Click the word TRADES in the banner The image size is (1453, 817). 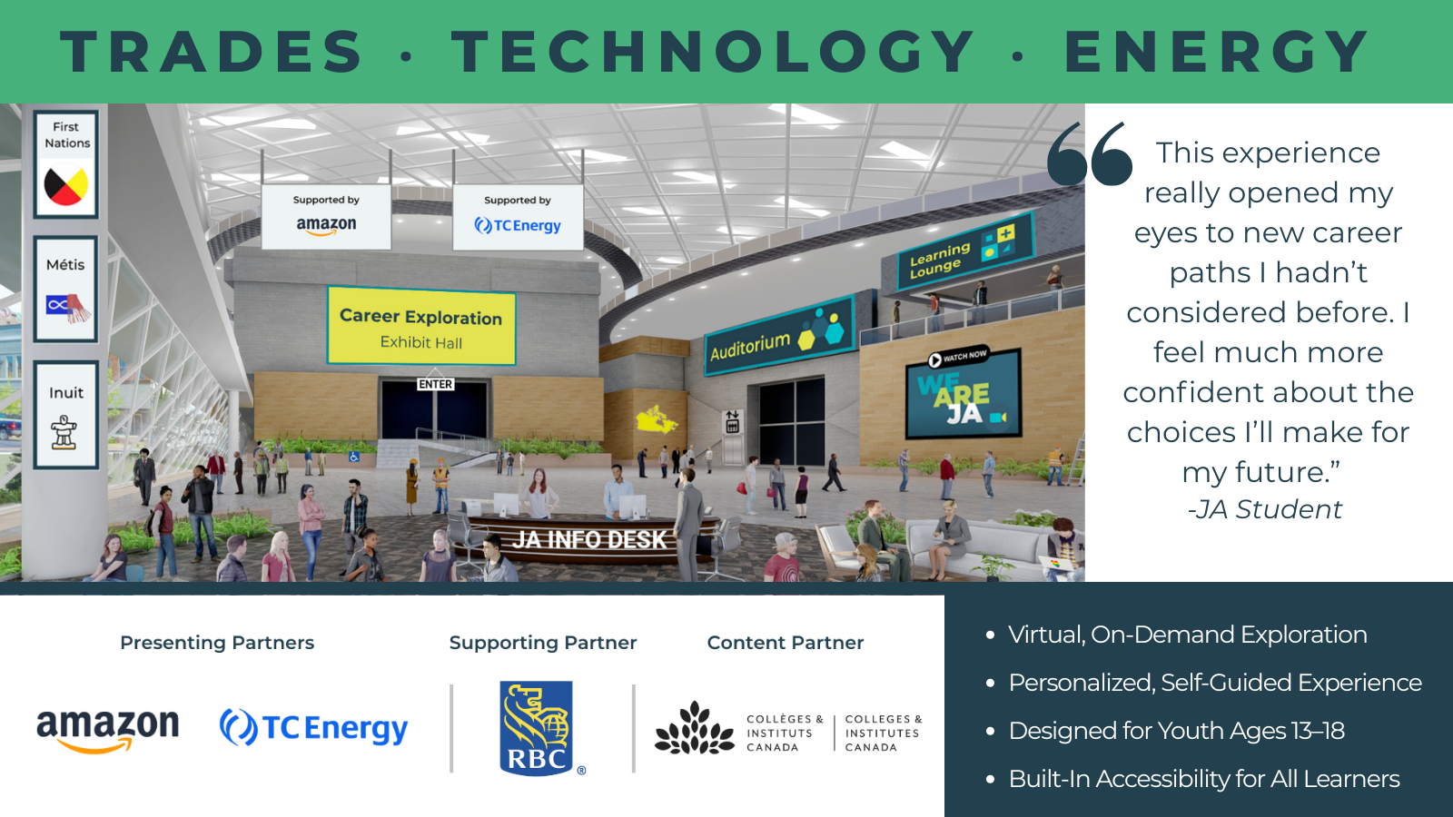(212, 51)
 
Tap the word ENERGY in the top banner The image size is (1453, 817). (1217, 51)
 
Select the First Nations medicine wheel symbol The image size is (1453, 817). (65, 184)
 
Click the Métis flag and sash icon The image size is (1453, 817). (68, 308)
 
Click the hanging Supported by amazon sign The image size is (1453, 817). (326, 217)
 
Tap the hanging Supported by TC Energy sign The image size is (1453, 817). (518, 217)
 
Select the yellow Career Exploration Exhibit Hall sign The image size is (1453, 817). (421, 326)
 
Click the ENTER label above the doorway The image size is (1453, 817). (435, 385)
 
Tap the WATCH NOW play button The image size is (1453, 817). (934, 359)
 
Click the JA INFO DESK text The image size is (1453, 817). (589, 539)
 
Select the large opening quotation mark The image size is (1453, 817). (1090, 154)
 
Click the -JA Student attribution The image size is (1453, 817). (1265, 509)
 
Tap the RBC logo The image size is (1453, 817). (537, 727)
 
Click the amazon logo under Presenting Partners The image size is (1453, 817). (108, 730)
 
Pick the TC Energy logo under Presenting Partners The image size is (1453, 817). (314, 727)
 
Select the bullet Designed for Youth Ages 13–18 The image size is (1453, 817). (1176, 731)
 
